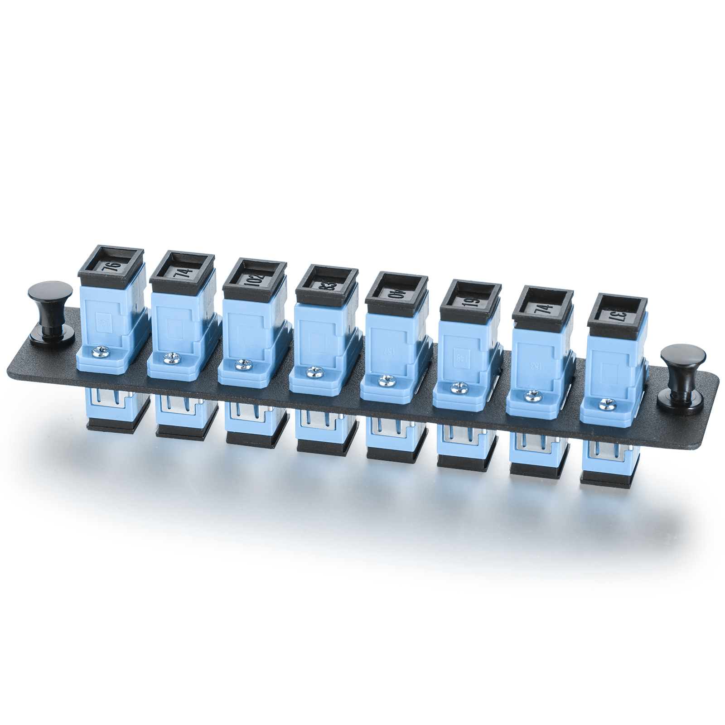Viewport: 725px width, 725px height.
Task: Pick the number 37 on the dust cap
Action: point(613,314)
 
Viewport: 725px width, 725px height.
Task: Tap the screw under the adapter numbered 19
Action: point(458,387)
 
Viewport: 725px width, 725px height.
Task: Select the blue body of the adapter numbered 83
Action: point(317,331)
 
